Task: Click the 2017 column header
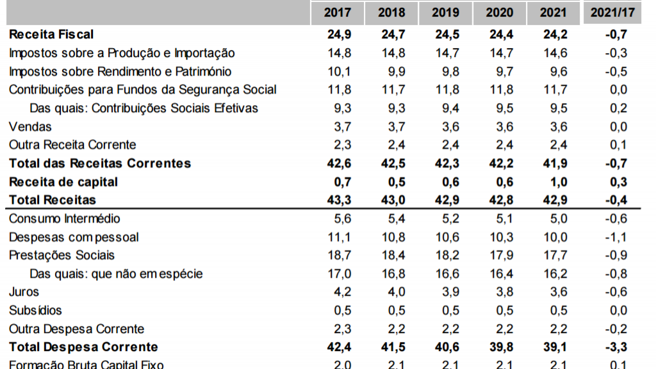click(337, 12)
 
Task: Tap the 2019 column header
click(445, 12)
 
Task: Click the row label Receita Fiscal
click(51, 34)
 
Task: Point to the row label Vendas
click(30, 126)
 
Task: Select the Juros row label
click(24, 292)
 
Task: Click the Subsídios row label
click(35, 311)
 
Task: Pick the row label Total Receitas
click(53, 200)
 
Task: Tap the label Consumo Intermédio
click(65, 219)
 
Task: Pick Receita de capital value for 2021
click(555, 182)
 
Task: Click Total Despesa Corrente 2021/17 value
click(615, 347)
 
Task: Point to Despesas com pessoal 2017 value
click(340, 237)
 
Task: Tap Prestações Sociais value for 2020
click(501, 255)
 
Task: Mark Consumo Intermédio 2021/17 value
click(615, 219)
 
